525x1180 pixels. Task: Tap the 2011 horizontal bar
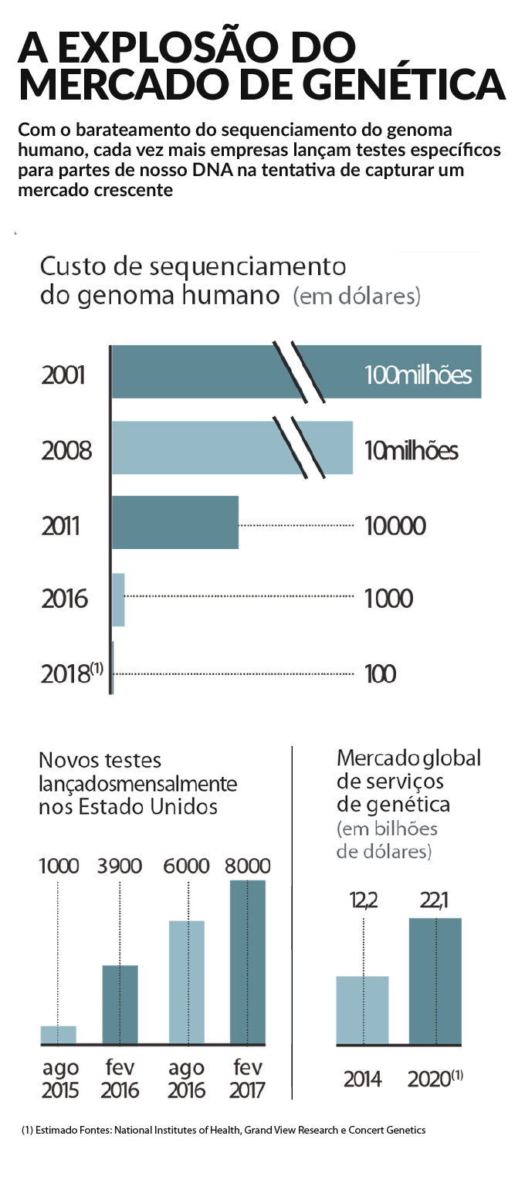point(175,523)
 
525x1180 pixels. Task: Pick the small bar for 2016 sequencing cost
point(118,599)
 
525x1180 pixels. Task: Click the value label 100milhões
point(418,375)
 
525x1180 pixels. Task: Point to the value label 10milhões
point(411,450)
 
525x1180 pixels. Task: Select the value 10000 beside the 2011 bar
point(395,526)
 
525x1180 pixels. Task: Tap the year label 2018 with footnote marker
point(72,673)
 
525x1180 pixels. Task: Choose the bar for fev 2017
point(247,962)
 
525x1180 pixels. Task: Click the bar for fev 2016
point(120,1005)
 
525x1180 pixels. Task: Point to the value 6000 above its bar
point(187,866)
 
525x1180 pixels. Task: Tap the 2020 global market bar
point(435,982)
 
